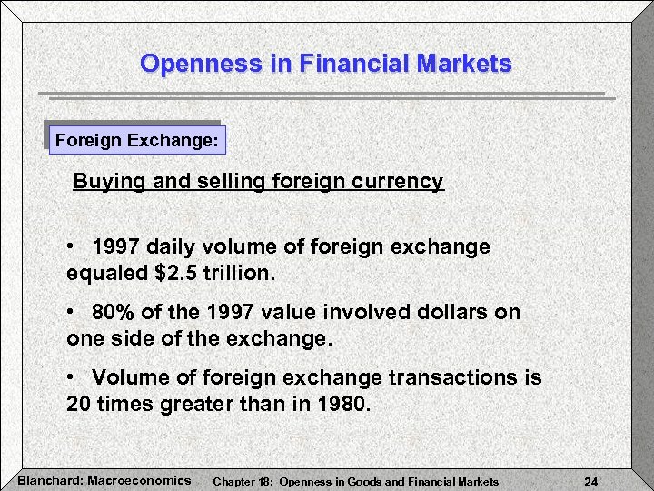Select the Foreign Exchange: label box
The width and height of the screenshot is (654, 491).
(x=136, y=142)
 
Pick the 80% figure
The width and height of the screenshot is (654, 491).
(x=111, y=313)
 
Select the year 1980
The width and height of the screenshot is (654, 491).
(x=343, y=404)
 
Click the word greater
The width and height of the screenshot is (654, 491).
(x=197, y=404)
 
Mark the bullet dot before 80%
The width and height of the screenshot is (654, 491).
(x=72, y=313)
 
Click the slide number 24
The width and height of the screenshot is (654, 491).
(x=590, y=481)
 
